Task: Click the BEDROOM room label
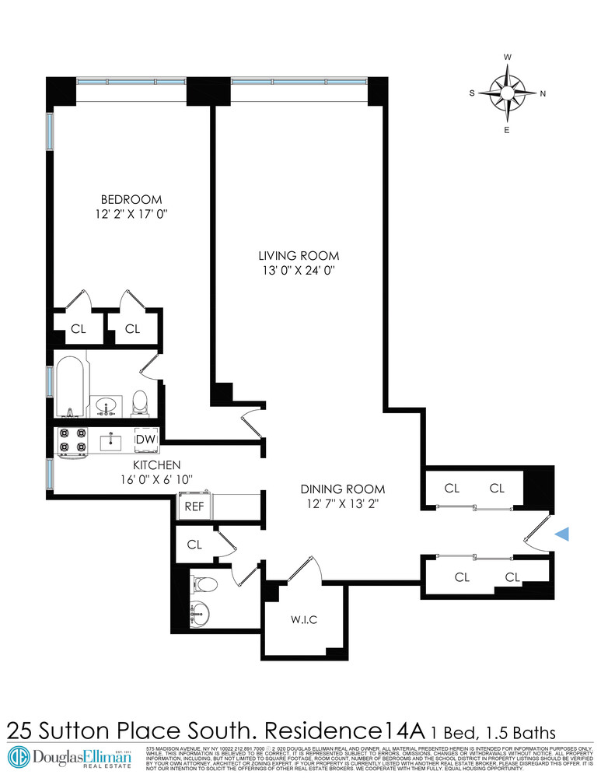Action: (x=131, y=198)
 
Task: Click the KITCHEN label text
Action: (x=140, y=464)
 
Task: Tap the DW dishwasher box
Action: (x=145, y=440)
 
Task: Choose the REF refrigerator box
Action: (x=193, y=507)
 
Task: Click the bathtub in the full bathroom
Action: (x=70, y=387)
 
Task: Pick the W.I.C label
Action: (x=305, y=619)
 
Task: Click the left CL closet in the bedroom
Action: (x=78, y=329)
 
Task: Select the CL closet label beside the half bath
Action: (x=194, y=545)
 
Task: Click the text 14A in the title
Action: (x=404, y=731)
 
